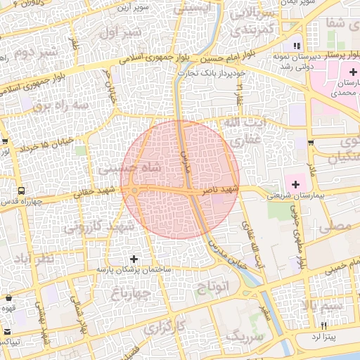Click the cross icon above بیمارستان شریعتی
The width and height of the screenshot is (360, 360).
295,184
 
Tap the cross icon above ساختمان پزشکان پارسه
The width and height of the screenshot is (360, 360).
134,259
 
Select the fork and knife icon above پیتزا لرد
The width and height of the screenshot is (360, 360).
324,326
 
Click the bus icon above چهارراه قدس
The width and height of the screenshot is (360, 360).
21,191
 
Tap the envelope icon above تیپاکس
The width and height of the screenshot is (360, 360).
7,332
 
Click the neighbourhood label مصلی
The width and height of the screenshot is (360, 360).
336,226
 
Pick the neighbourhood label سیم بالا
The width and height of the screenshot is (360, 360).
323,306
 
